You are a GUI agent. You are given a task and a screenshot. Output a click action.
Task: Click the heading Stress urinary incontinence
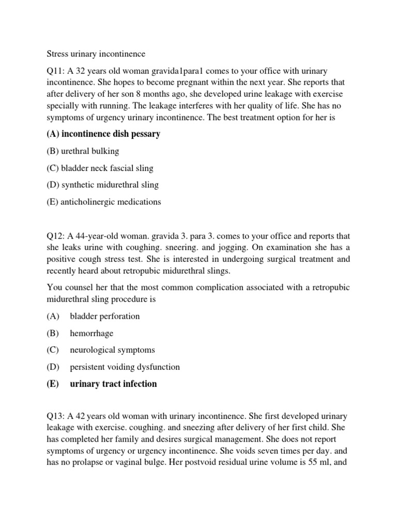pyautogui.click(x=96, y=54)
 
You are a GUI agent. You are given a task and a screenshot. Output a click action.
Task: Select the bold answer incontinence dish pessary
pyautogui.click(x=103, y=134)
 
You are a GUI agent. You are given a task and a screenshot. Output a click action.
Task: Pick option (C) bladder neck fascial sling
pyautogui.click(x=100, y=168)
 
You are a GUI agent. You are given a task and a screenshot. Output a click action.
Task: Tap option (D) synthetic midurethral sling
pyautogui.click(x=102, y=184)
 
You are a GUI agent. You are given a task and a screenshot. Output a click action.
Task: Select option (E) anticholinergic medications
pyautogui.click(x=104, y=201)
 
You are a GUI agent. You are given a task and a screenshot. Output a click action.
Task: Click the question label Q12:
pyautogui.click(x=56, y=236)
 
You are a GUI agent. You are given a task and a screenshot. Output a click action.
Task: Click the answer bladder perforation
pyautogui.click(x=105, y=316)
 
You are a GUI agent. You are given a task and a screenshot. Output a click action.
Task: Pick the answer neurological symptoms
pyautogui.click(x=112, y=350)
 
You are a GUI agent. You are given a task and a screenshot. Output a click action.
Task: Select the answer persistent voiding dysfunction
pyautogui.click(x=125, y=367)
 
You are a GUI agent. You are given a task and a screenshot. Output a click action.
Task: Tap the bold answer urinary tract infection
pyautogui.click(x=113, y=384)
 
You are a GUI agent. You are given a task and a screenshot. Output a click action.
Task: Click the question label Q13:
pyautogui.click(x=56, y=416)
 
